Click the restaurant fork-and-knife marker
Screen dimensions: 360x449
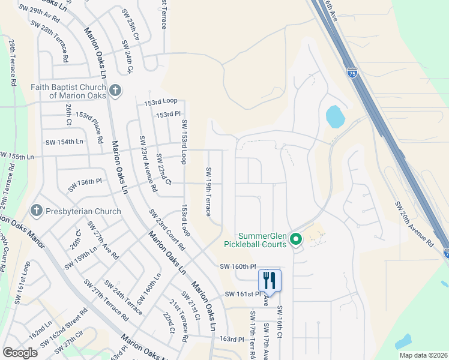point(270,280)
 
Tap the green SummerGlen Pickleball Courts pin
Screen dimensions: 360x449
point(295,239)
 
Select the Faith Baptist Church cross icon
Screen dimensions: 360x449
point(115,91)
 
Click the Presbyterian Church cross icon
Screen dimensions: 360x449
point(36,211)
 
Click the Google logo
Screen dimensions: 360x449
point(20,353)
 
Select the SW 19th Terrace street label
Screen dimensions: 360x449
point(208,191)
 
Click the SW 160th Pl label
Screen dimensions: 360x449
point(238,266)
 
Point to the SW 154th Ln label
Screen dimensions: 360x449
point(64,142)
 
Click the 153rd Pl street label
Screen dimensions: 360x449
point(168,114)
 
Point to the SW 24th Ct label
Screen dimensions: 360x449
point(128,60)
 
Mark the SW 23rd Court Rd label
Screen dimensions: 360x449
point(167,230)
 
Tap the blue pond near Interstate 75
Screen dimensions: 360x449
point(334,116)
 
